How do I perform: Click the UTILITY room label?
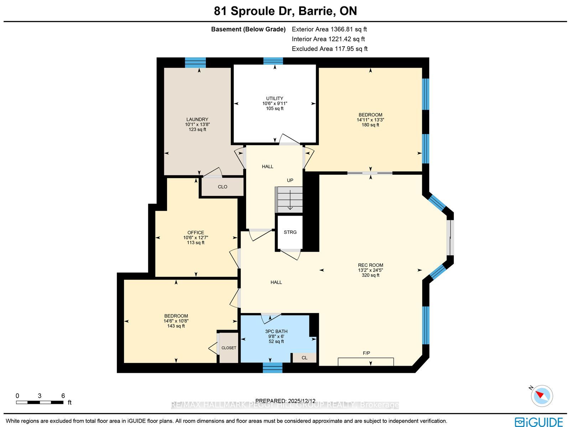[x=274, y=98]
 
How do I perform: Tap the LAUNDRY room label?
[x=197, y=119]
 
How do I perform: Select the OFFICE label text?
[x=196, y=232]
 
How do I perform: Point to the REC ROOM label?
[x=370, y=265]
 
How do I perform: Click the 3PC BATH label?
[x=276, y=331]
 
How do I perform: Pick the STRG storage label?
[x=290, y=232]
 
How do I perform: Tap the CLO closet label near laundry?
[x=223, y=187]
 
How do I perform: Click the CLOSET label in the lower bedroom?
[x=229, y=348]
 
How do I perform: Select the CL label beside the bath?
[x=304, y=358]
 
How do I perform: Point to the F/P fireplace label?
[x=367, y=353]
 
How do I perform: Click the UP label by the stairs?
[x=290, y=180]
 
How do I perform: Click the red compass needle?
[x=540, y=395]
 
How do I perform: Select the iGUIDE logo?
[x=539, y=422]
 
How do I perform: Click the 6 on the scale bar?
[x=63, y=396]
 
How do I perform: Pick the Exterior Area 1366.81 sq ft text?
[x=329, y=29]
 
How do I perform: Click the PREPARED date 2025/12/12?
[x=301, y=401]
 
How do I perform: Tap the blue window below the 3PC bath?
[x=273, y=367]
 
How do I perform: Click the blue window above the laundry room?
[x=195, y=63]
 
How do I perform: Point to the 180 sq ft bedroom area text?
[x=370, y=125]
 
